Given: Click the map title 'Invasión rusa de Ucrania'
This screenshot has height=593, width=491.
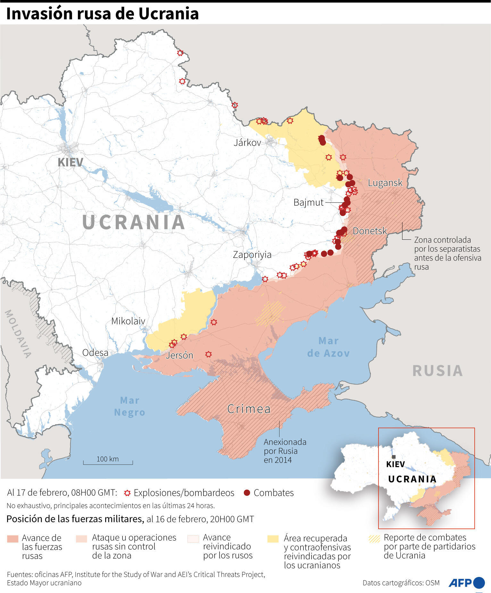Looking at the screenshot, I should click(103, 14).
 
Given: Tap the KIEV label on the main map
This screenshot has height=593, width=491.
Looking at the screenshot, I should click(70, 162).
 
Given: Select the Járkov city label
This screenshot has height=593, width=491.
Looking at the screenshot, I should click(247, 142).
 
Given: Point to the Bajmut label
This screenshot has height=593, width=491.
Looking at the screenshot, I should click(308, 202).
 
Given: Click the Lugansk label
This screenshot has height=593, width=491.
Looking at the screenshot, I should click(385, 183).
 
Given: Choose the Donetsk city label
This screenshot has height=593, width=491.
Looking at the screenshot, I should click(370, 231).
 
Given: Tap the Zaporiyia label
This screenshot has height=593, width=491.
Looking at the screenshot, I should click(252, 254).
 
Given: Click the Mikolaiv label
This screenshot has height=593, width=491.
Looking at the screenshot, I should click(128, 321).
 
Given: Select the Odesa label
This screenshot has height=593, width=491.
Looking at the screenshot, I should click(95, 353).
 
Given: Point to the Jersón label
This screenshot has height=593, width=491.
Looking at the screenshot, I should click(179, 355).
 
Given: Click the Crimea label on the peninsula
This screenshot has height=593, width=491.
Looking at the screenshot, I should click(249, 409).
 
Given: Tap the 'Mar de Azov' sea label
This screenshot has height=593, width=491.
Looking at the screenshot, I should click(328, 347).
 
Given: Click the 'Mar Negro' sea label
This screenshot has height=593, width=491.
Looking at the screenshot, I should click(129, 406).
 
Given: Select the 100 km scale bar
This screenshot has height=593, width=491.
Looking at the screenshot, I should click(108, 461).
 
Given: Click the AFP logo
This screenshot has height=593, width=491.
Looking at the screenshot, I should click(466, 582).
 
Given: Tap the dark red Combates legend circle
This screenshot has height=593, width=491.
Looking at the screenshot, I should click(246, 493).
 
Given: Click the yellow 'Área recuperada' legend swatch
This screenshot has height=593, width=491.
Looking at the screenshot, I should click(273, 539).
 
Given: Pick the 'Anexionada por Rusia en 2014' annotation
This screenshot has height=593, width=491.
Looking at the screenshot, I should click(285, 451).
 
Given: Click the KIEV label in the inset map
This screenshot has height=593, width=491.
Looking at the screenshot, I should click(395, 464).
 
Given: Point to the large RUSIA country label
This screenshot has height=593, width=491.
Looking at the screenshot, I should click(437, 371).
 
